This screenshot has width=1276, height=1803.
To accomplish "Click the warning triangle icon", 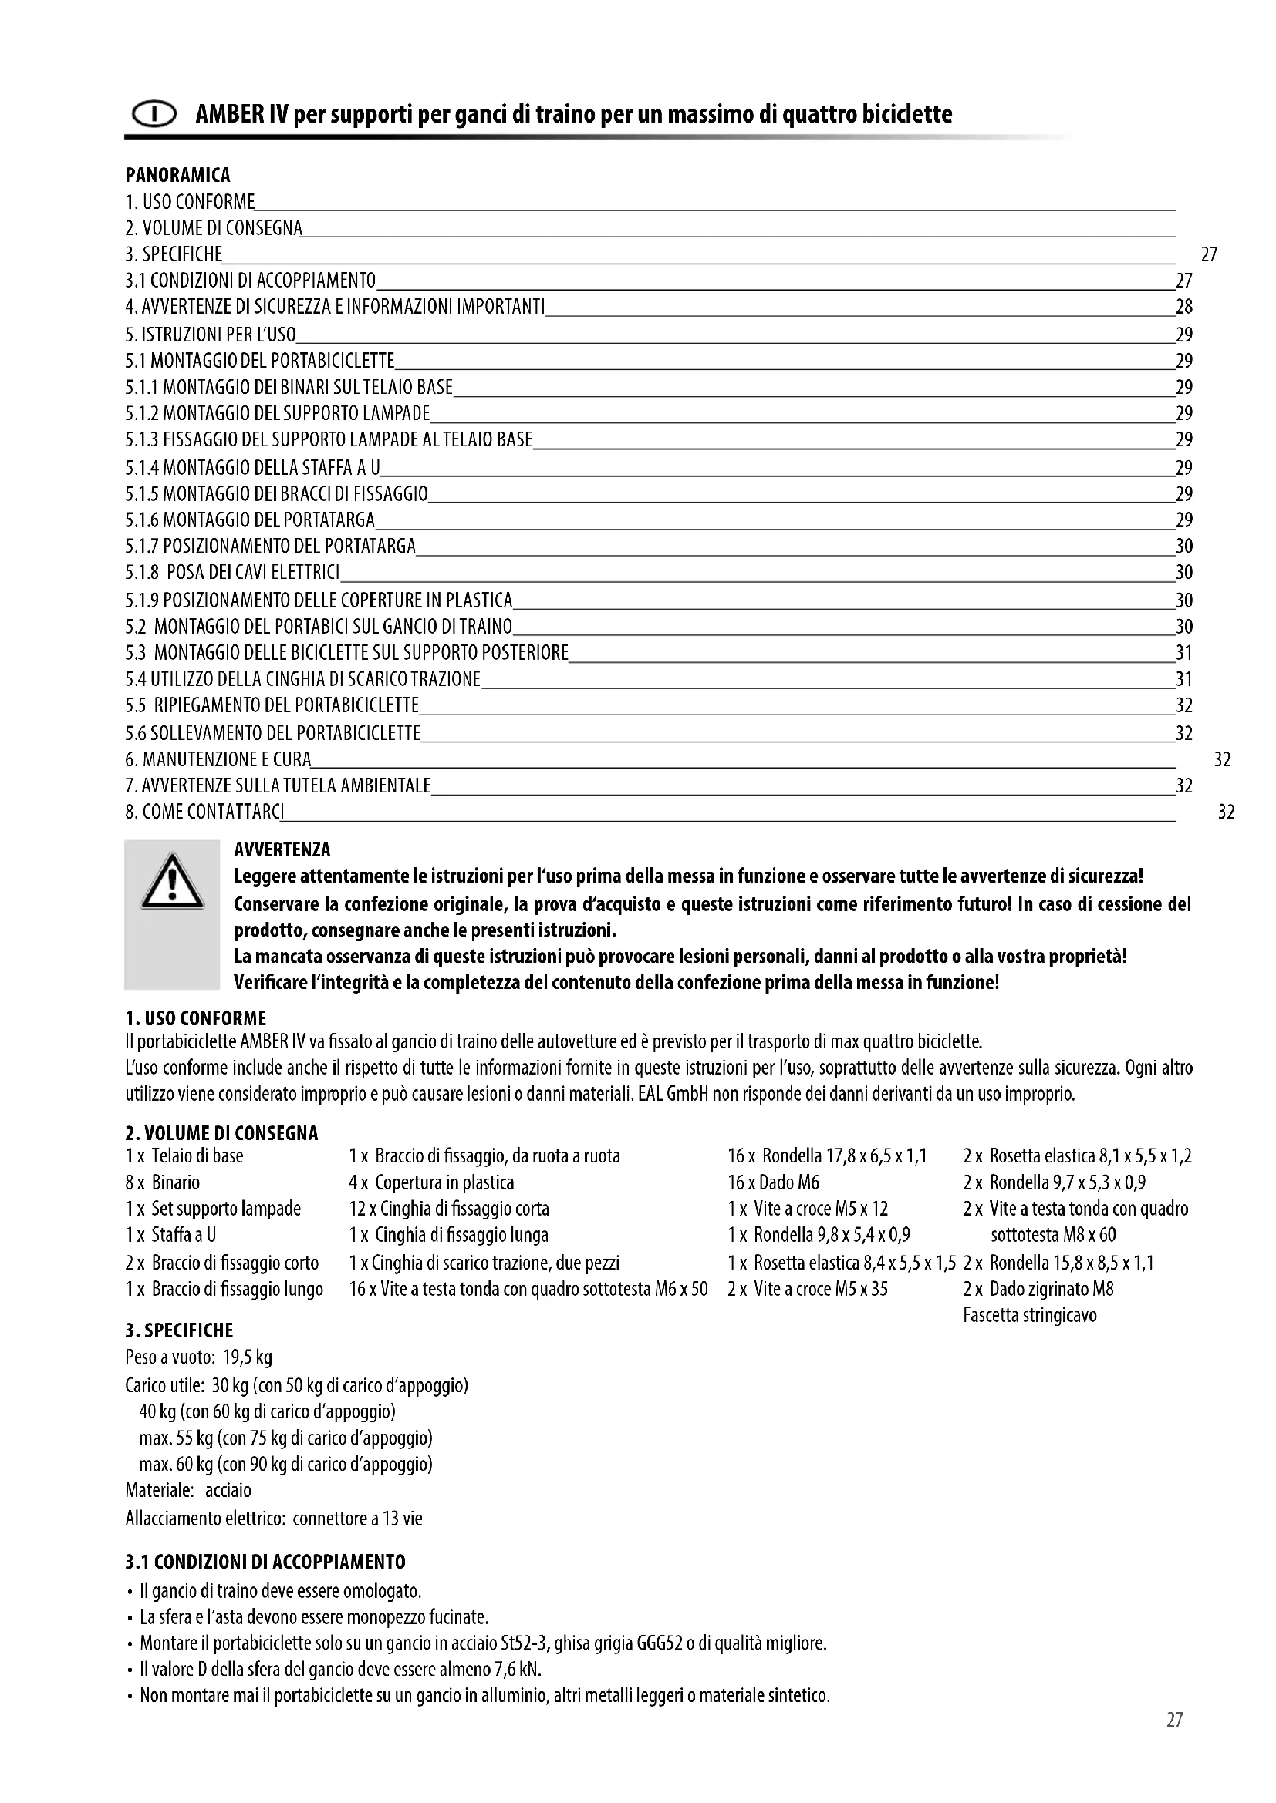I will (x=172, y=883).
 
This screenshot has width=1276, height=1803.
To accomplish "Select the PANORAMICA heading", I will (x=177, y=175).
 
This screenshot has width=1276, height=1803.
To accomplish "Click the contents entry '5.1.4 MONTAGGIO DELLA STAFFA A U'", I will (x=252, y=468).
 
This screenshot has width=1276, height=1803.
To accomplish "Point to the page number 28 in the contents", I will (x=1183, y=307).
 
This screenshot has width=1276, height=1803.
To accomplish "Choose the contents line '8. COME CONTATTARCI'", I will (x=204, y=811).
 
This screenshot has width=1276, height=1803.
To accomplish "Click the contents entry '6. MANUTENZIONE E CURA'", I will (x=218, y=759).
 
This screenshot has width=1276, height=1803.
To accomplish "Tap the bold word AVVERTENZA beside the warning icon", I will (x=282, y=849).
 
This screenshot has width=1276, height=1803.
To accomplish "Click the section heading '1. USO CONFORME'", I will (x=196, y=1018).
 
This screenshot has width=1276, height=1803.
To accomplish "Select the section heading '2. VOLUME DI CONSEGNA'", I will (x=221, y=1133).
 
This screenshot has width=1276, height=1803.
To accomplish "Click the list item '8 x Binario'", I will (x=163, y=1182).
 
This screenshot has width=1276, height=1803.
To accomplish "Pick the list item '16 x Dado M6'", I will (x=773, y=1182).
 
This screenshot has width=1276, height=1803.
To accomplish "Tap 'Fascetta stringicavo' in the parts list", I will (x=1029, y=1315).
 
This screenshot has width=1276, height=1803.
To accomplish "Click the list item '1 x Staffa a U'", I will (x=170, y=1234).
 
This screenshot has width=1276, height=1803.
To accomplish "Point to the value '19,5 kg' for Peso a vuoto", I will (x=248, y=1357).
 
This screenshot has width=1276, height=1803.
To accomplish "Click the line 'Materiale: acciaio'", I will (x=188, y=1491).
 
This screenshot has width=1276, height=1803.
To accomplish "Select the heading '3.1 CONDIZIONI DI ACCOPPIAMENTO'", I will (x=265, y=1562).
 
